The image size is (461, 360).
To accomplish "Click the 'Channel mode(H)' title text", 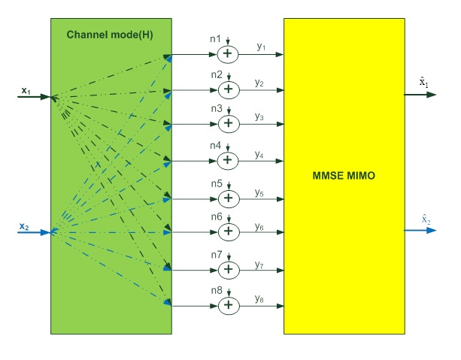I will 112,35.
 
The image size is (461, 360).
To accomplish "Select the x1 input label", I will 25,91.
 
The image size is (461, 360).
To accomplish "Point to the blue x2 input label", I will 25,225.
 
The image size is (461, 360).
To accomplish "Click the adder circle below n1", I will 228,54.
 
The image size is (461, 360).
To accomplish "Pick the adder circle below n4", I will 228,160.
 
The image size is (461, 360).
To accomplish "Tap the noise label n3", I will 216,109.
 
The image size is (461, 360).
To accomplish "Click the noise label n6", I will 216,217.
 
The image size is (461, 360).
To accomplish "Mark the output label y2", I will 259,82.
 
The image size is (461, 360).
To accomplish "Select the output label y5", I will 259,192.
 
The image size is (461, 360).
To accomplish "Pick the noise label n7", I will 216,255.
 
